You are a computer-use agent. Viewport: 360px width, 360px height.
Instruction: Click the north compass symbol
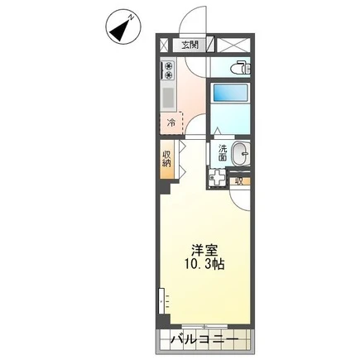123,26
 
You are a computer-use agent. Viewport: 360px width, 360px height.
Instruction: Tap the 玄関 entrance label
190,45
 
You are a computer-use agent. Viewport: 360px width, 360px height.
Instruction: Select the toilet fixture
242,67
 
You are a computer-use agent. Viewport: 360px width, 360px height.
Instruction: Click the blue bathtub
230,93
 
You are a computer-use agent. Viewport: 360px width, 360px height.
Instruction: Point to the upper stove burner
168,66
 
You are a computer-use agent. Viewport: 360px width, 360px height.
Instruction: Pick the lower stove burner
168,74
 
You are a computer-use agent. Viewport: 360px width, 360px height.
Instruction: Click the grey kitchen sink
168,98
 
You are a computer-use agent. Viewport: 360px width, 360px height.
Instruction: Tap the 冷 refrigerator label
171,122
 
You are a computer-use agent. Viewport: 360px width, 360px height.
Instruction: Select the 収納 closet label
166,158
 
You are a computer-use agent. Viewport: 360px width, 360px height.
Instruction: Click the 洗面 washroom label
223,153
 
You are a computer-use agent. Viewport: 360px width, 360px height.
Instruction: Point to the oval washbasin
241,154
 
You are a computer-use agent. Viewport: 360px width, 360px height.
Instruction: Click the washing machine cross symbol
217,178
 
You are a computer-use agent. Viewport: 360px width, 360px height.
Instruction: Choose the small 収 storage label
239,181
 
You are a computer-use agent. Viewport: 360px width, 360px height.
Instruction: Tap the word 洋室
204,250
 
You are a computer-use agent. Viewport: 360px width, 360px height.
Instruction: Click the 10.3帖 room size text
204,265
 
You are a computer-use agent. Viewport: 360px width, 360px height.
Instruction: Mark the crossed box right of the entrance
233,45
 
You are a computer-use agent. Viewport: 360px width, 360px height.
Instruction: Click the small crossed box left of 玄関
164,45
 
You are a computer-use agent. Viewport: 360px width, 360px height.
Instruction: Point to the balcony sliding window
204,326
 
